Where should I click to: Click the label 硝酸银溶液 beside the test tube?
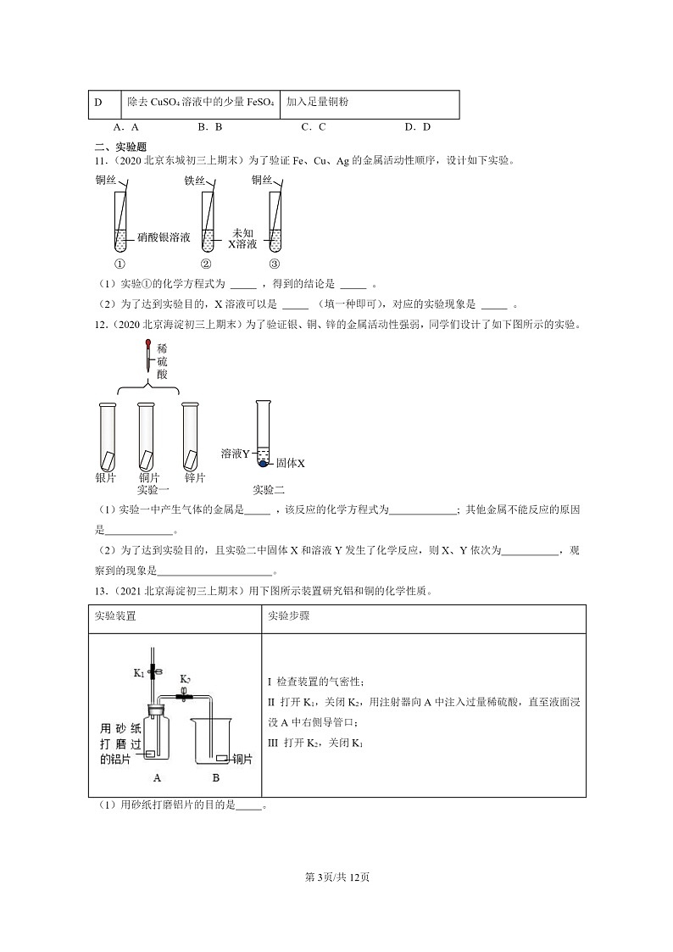click(x=163, y=239)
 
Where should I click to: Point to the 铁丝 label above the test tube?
click(x=195, y=181)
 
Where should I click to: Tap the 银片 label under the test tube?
click(x=106, y=478)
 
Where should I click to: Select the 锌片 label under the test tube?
click(x=195, y=478)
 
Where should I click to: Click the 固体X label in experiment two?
click(x=290, y=464)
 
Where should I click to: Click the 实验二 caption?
click(x=269, y=490)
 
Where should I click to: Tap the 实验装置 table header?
click(x=115, y=616)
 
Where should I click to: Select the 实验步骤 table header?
click(x=288, y=616)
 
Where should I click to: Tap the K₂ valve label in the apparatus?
click(x=186, y=679)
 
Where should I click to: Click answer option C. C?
click(x=314, y=127)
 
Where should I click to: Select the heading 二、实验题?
click(x=120, y=146)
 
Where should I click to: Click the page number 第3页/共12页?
click(x=336, y=877)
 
